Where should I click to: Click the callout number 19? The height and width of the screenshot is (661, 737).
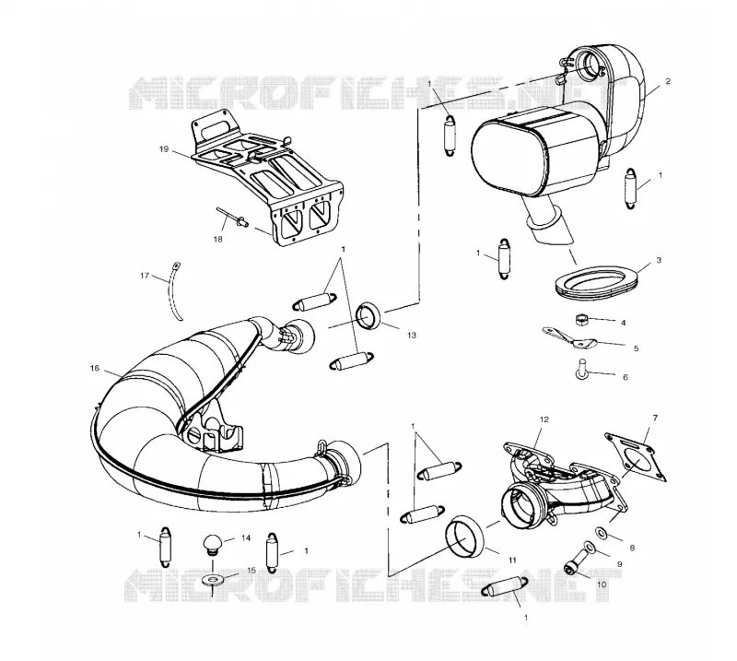[x=164, y=149]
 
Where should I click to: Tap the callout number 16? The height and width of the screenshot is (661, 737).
[x=95, y=368]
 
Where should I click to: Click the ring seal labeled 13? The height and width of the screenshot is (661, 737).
[x=368, y=315]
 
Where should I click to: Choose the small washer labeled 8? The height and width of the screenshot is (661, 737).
[x=602, y=533]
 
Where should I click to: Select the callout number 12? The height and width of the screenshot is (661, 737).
[x=544, y=419]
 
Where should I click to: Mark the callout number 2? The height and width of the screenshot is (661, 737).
[x=668, y=81]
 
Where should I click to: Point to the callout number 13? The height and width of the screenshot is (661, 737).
[x=412, y=335]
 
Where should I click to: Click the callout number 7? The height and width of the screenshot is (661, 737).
[x=655, y=418]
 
